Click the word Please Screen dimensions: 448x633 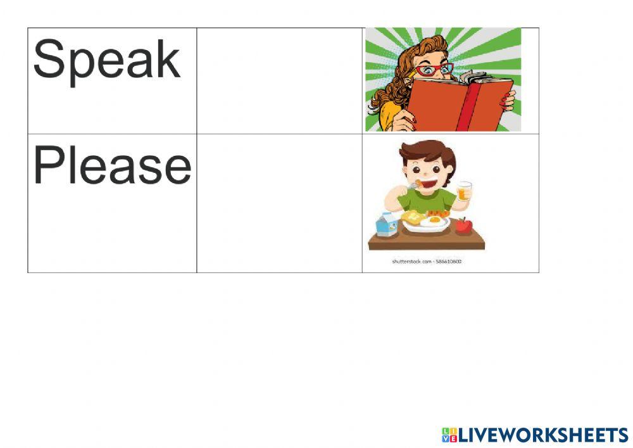(111, 166)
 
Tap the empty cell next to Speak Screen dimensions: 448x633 (279, 80)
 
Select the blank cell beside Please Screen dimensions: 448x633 (279, 203)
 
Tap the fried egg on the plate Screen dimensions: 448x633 (434, 222)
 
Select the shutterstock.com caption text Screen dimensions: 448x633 (427, 260)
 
